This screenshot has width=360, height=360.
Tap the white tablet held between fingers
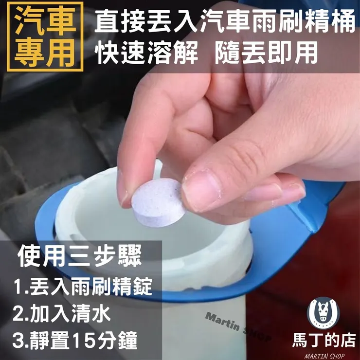tap(158, 201)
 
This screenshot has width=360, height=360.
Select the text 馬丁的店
tap(324, 339)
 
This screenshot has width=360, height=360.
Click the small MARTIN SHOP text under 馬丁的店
tap(324, 354)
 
